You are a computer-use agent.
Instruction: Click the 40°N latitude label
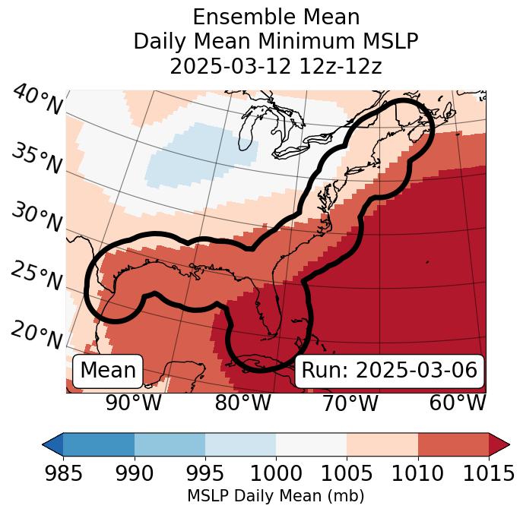(37, 101)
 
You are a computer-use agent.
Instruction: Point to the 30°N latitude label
(36, 218)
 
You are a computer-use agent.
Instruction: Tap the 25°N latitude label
(36, 276)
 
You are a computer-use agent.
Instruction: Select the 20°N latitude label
(36, 334)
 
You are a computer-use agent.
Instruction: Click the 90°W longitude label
(133, 403)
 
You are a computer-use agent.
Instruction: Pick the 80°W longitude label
(242, 403)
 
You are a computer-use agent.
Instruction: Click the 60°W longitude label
(458, 403)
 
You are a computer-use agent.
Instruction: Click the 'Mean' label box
(108, 371)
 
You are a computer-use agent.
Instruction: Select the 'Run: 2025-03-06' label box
(389, 371)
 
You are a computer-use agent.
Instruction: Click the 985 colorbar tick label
(63, 473)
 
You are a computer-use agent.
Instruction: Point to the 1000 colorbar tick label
(276, 473)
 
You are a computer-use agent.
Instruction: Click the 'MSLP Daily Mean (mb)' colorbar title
(276, 496)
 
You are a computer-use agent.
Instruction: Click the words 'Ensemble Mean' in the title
(276, 17)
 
